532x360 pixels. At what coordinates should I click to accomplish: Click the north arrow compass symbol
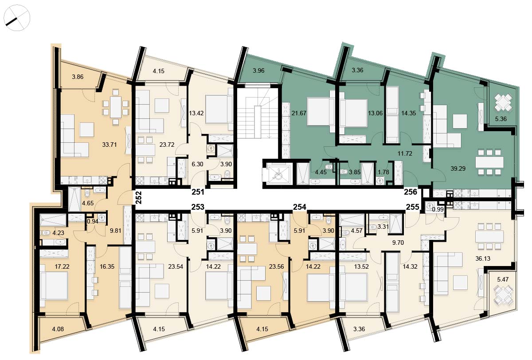(17, 18)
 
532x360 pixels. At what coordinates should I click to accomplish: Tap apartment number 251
(198, 192)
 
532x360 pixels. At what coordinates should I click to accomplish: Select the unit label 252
(138, 198)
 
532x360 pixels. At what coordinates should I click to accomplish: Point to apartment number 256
(411, 192)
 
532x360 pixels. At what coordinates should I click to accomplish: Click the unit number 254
(300, 207)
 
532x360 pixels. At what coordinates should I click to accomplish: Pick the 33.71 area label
(109, 145)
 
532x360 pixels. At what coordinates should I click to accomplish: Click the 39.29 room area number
(458, 168)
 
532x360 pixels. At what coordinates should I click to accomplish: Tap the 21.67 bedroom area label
(299, 113)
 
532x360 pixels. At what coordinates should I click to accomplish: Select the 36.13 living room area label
(483, 258)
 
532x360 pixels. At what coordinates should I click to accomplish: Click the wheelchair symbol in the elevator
(277, 174)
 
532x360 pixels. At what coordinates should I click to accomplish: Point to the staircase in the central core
(258, 112)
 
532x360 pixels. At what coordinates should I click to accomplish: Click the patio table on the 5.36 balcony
(503, 102)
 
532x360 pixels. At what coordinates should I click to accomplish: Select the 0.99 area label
(438, 209)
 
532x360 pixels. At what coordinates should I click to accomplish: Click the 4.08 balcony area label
(58, 329)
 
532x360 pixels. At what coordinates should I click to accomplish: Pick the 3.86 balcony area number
(78, 77)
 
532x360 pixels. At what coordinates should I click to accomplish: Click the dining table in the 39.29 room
(489, 162)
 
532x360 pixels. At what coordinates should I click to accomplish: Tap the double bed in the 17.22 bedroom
(54, 286)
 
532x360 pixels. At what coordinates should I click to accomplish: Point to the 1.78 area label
(383, 172)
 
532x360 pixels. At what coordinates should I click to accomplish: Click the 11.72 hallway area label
(405, 153)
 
